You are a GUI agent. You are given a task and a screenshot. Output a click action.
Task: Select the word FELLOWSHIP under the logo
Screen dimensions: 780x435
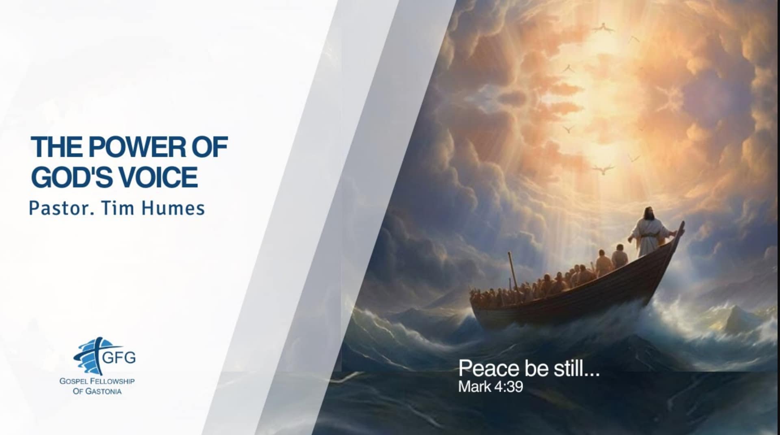click(x=110, y=381)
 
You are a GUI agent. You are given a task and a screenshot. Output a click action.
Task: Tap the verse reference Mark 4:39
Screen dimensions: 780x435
click(x=490, y=386)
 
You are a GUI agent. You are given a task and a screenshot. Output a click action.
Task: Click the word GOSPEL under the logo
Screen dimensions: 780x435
click(x=71, y=381)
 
